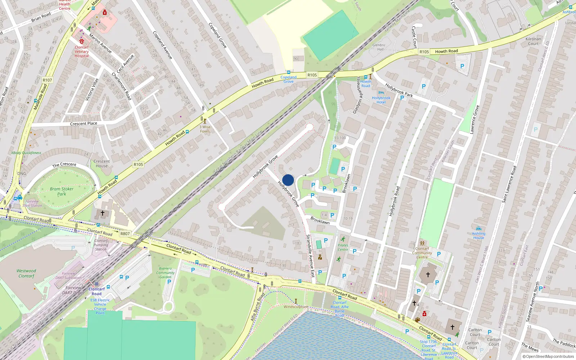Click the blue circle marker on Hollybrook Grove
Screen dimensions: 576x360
pos(288,180)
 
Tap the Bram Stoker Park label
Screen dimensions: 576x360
pos(62,191)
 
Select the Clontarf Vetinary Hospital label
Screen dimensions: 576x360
pos(82,51)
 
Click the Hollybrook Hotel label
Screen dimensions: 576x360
pos(381,100)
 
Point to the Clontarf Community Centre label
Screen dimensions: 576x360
pos(422,253)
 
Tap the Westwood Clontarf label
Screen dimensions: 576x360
pos(26,273)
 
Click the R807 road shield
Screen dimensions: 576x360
pos(125,234)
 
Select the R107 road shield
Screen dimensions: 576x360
pos(47,80)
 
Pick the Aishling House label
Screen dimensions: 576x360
pos(478,235)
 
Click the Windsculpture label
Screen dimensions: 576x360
pos(296,307)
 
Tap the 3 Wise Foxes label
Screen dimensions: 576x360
pos(205,129)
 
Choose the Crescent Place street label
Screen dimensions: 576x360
pos(84,123)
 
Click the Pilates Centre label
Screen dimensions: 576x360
pos(343,247)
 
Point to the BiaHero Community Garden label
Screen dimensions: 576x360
pos(165,273)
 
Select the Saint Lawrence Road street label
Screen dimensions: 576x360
pos(509,184)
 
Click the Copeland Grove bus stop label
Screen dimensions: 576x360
pos(288,79)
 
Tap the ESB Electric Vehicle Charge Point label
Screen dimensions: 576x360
pos(100,306)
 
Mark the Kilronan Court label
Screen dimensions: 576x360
pos(533,41)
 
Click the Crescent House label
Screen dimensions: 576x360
pos(102,163)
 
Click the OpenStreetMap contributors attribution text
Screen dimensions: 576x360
pos(550,356)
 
